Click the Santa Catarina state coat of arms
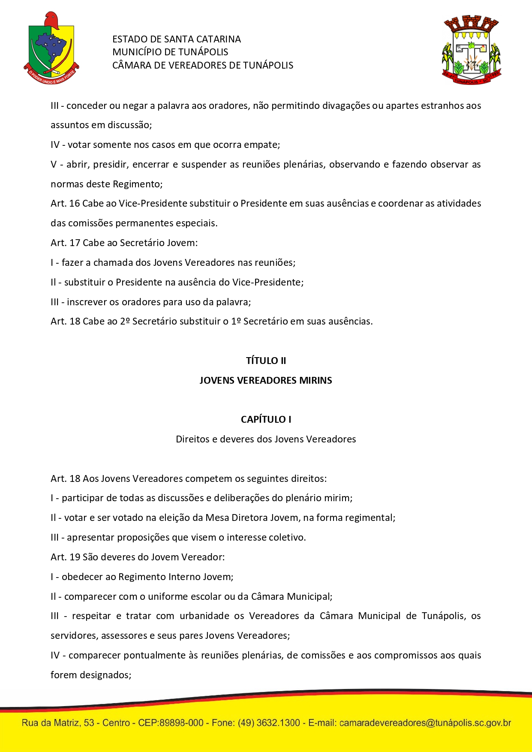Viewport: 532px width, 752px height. coord(51,48)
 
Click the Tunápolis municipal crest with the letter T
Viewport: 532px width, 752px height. coord(471,50)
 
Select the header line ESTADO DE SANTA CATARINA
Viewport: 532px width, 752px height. coord(176,39)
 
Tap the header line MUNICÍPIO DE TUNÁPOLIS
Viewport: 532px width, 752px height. coord(170,52)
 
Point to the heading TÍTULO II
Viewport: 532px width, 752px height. coord(266,361)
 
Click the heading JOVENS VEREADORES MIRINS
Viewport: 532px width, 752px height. coord(266,380)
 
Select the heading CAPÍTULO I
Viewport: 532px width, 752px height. coord(266,419)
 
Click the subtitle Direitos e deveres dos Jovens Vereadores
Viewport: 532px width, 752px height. coord(266,439)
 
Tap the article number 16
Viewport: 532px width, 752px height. coord(75,203)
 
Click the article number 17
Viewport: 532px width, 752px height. coord(75,243)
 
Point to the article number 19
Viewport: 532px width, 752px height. coord(75,557)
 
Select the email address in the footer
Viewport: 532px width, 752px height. coord(425,723)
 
